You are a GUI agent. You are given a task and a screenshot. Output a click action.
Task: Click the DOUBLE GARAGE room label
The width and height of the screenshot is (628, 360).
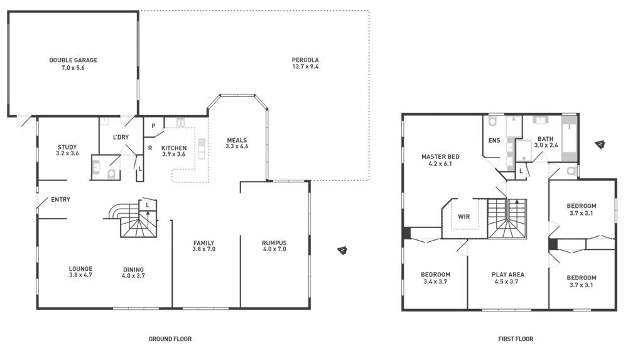(x=73, y=60)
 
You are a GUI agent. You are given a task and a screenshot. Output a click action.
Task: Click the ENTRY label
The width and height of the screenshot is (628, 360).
(x=60, y=200)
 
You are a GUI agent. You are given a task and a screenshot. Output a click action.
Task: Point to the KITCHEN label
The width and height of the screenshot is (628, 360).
(x=174, y=148)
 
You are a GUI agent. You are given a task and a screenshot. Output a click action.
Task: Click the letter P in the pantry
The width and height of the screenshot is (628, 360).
(x=153, y=126)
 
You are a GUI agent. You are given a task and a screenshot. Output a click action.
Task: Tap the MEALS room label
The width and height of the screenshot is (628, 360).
(x=237, y=140)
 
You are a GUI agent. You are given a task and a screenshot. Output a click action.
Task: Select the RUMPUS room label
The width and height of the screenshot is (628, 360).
(x=274, y=243)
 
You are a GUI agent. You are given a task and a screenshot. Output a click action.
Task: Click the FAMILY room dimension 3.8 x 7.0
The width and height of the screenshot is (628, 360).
(x=203, y=249)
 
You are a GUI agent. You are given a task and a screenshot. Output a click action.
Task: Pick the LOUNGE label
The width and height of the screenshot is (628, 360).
(x=80, y=269)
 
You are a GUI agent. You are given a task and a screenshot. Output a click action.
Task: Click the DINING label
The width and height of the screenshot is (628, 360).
(x=134, y=269)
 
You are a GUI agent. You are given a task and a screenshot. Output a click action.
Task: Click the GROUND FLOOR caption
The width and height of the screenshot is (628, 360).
(x=170, y=339)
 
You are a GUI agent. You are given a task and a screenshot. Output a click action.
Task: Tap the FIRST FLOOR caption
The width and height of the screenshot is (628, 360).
(x=516, y=339)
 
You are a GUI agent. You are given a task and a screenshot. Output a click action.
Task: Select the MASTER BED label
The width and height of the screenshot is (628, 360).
(x=440, y=156)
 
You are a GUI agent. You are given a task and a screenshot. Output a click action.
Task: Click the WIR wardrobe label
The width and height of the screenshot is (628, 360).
(x=463, y=216)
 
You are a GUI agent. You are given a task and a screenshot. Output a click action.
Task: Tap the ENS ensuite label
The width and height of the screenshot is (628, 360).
(x=494, y=140)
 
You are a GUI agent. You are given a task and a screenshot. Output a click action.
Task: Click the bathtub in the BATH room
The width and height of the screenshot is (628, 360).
(x=568, y=138)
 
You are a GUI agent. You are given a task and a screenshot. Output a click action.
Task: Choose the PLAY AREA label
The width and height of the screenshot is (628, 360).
(x=507, y=275)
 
